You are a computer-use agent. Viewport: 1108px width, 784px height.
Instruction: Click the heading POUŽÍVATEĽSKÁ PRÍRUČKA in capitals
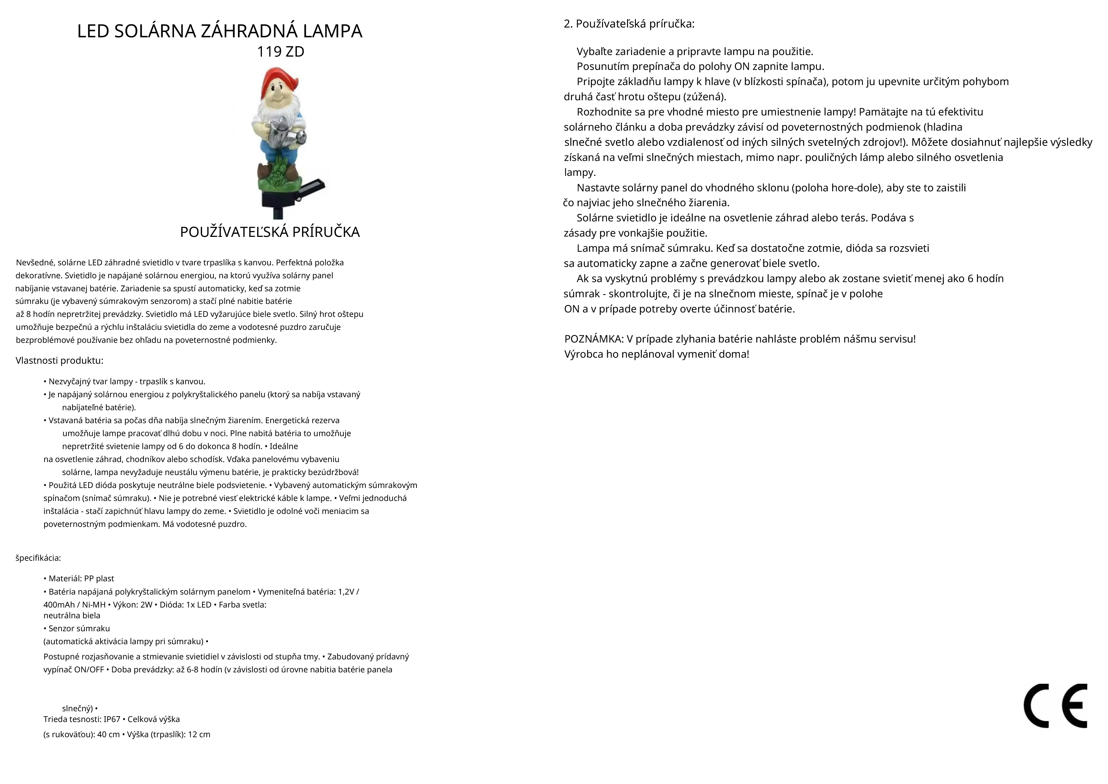270,232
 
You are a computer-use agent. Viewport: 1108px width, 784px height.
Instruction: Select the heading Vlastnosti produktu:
59,361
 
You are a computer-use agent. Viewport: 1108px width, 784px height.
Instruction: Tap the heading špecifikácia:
38,558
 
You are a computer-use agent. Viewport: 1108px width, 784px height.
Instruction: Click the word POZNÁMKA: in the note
594,339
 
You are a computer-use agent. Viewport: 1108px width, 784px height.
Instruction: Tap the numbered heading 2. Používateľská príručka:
629,24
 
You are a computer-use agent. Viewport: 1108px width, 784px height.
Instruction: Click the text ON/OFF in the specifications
89,670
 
